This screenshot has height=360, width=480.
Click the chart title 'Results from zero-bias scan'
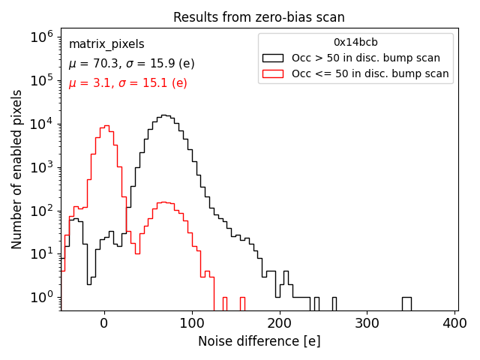click(259, 17)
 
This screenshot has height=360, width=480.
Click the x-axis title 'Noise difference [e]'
click(259, 341)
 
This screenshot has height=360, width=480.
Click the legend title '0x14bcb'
click(355, 42)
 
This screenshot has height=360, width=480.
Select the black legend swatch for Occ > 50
click(273, 58)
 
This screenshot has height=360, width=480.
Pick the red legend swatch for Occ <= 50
click(273, 73)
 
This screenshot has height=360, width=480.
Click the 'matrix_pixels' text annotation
click(106, 44)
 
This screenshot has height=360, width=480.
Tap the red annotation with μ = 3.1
click(127, 83)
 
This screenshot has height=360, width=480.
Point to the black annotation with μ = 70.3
click(131, 64)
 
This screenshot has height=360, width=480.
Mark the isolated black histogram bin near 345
click(406, 303)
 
